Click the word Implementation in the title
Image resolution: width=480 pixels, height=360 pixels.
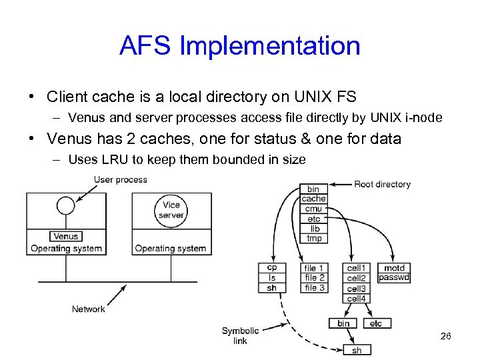270,46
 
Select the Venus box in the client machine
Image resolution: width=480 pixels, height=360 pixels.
65,236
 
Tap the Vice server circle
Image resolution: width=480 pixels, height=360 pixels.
171,210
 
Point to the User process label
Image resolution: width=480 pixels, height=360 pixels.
121,179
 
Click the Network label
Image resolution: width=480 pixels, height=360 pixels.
89,309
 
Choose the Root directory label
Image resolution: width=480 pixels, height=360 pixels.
382,184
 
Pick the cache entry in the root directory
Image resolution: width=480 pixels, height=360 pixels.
313,199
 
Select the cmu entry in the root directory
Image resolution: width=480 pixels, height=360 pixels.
313,209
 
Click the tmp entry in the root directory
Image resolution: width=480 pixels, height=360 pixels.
313,238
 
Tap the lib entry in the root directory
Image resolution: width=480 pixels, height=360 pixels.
313,229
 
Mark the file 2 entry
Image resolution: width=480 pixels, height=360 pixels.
315,278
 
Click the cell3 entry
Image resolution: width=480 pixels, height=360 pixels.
357,289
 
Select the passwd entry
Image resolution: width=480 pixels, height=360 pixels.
394,278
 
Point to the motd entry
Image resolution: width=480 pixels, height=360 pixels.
394,268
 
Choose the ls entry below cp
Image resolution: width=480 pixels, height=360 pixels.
271,278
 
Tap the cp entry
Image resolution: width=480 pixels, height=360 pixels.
271,268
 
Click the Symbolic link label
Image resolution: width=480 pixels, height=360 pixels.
240,335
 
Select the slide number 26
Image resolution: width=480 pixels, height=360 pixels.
446,336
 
